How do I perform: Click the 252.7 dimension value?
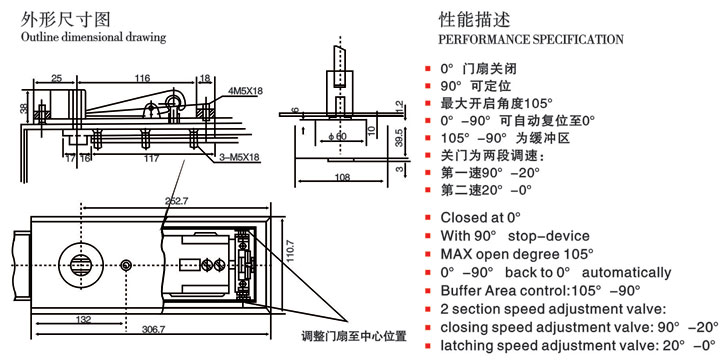[176, 201]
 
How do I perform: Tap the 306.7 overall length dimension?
[152, 329]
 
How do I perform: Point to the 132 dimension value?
[84, 319]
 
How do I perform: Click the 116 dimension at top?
[142, 78]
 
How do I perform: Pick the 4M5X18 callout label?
[245, 91]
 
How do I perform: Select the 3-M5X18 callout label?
[242, 157]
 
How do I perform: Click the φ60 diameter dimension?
[338, 137]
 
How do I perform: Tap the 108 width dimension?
[342, 177]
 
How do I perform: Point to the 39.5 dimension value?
[399, 137]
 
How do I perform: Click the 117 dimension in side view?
[151, 158]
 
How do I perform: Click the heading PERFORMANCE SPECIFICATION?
[531, 39]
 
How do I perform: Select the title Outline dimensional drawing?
[94, 37]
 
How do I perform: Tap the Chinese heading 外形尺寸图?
[66, 19]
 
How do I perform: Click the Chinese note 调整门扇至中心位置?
[354, 336]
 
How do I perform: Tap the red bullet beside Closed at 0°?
[428, 217]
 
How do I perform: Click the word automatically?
[626, 272]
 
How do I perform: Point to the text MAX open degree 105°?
[517, 254]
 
